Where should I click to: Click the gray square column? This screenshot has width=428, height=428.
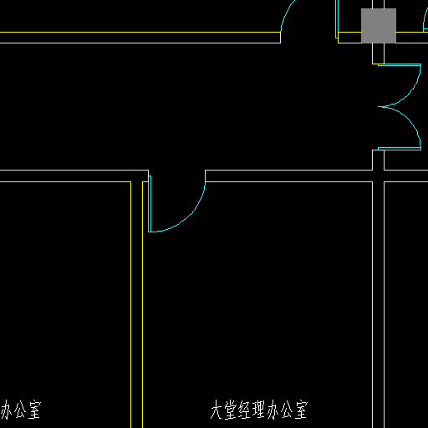[379, 26]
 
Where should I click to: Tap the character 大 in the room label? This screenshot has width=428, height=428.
[217, 410]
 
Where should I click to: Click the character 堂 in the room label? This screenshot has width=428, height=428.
[231, 410]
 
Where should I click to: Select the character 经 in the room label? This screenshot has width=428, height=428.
[245, 410]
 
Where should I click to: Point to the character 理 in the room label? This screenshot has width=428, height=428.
[258, 410]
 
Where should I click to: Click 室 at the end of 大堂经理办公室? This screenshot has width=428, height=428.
[301, 410]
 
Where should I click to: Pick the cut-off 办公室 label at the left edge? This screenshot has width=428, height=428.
[21, 410]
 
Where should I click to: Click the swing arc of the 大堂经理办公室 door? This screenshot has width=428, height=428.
[189, 216]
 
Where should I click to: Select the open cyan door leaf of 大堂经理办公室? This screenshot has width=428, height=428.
[150, 204]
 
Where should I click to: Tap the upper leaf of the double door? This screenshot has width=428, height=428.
[400, 65]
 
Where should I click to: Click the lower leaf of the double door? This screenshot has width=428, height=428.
[400, 149]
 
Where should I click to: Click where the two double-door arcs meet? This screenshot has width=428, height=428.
[381, 106]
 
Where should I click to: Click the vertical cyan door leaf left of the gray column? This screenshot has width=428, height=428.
[337, 19]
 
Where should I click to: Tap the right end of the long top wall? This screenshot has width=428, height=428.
[280, 38]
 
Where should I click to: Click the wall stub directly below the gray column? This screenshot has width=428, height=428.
[378, 53]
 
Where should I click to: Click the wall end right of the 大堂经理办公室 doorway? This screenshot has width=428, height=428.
[206, 176]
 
